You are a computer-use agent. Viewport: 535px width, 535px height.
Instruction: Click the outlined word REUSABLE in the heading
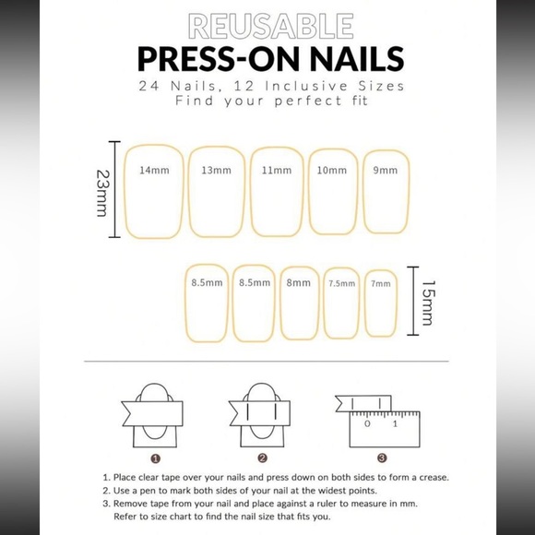[267, 25]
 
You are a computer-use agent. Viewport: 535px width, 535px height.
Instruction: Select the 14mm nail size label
[154, 171]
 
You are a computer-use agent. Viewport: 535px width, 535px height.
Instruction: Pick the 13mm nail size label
[216, 171]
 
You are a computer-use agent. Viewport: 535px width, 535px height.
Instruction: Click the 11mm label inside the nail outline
[277, 171]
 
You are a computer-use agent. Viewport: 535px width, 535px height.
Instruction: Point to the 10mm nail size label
[332, 171]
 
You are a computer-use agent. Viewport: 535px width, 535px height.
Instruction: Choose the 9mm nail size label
[386, 171]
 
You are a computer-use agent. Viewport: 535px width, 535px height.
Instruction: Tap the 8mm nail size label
[298, 283]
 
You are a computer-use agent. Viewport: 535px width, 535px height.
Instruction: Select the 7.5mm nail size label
[341, 284]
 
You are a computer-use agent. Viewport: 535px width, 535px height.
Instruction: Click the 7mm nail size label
[380, 284]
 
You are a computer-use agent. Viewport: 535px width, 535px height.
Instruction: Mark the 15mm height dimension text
[426, 304]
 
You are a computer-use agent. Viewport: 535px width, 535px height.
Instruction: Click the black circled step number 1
[156, 457]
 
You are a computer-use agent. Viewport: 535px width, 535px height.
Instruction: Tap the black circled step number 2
[263, 457]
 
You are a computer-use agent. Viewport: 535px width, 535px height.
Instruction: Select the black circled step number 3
[381, 457]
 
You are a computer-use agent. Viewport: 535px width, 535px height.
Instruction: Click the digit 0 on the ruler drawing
[367, 425]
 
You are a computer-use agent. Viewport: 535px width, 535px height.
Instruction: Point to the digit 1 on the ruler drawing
[395, 425]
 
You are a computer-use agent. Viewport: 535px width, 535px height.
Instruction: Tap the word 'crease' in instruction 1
[430, 477]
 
